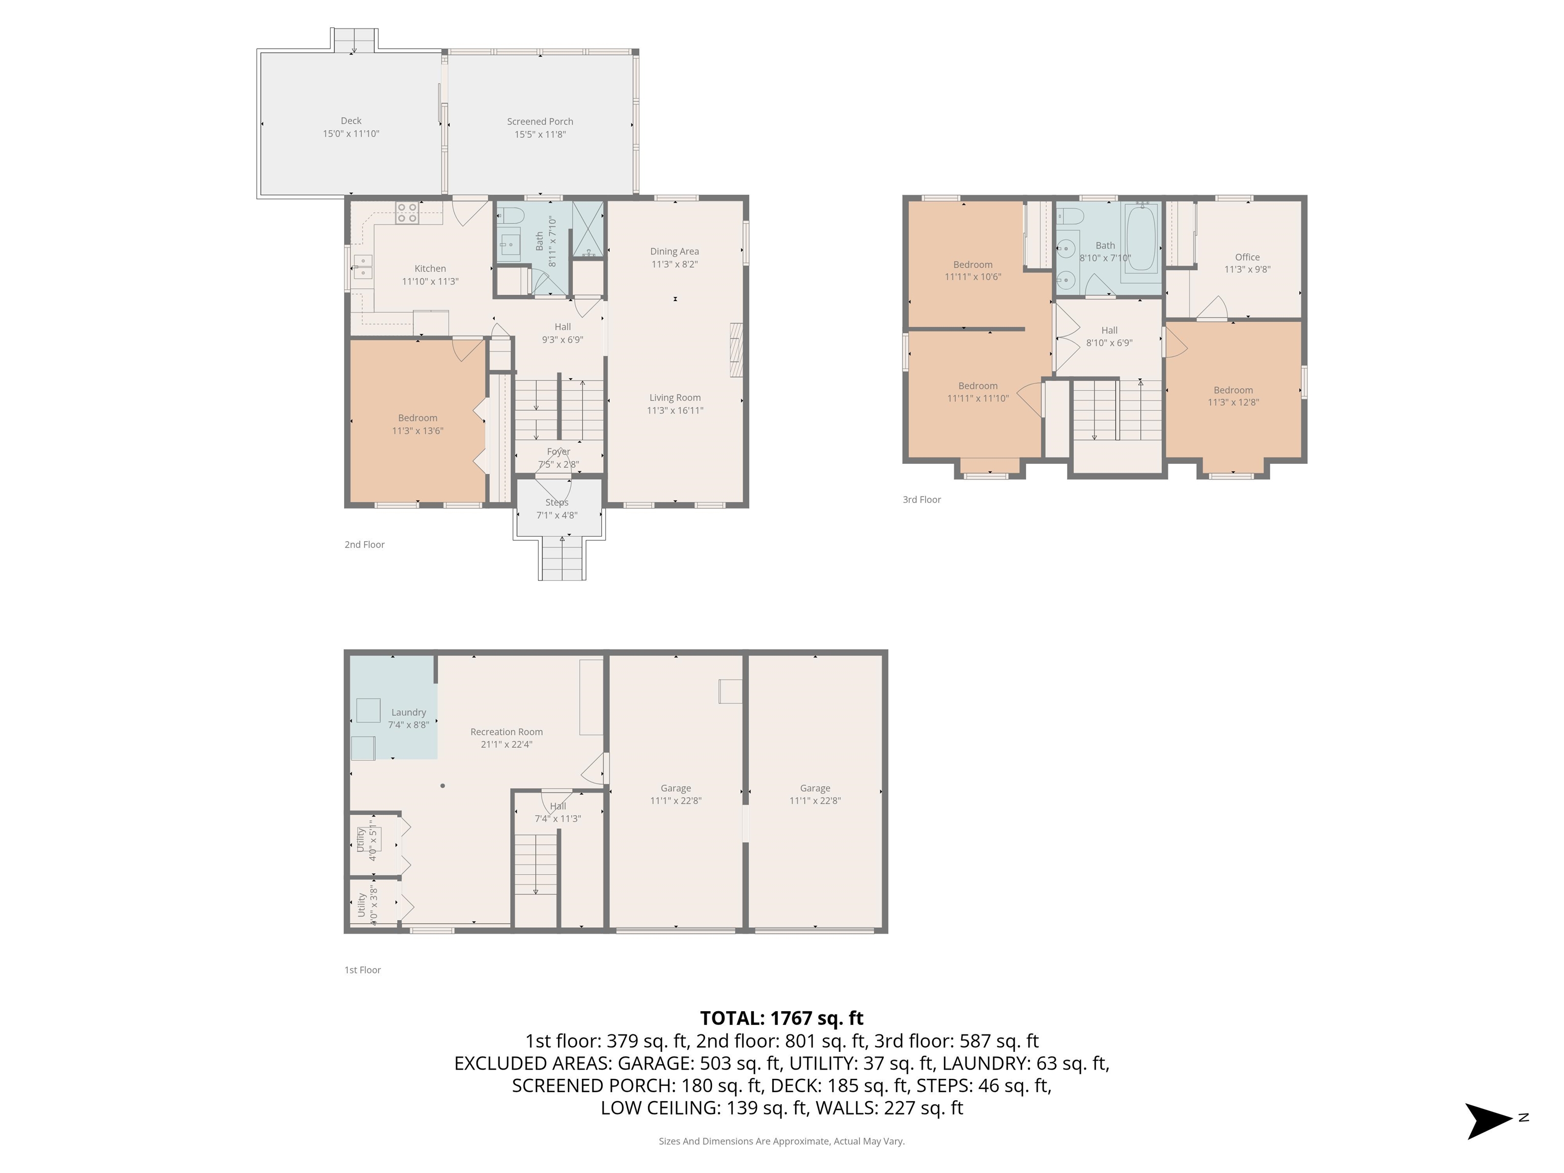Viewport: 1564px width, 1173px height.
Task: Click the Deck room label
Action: coord(351,121)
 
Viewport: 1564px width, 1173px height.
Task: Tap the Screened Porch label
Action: coord(540,122)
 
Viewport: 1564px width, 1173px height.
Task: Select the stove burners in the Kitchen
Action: coord(407,213)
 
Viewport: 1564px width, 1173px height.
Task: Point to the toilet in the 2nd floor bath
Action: coord(511,215)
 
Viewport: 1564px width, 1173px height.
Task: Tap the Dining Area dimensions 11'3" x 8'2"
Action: coord(674,264)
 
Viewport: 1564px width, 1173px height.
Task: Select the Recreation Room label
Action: coord(506,732)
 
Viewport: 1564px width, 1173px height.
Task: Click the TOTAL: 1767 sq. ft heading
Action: coord(781,1018)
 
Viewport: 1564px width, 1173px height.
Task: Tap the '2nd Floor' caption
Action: coord(364,544)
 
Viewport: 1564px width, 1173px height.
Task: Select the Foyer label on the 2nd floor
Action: coord(558,451)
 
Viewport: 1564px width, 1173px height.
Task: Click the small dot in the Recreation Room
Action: coord(442,786)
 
